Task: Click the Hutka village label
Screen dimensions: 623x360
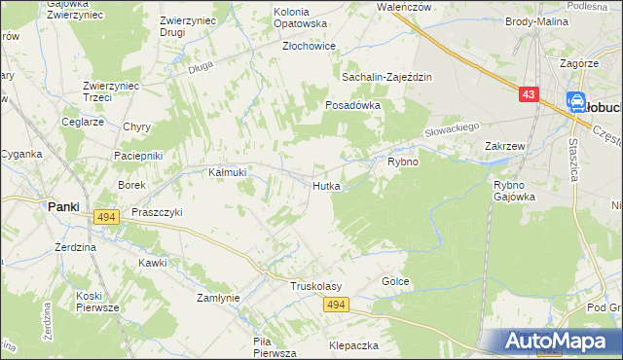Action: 326,185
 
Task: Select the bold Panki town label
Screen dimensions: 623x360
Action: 64,206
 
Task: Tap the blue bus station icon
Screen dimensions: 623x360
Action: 575,100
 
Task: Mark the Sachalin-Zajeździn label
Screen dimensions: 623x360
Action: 386,77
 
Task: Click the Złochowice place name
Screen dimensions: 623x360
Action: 309,46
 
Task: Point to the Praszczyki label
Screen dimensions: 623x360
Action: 157,211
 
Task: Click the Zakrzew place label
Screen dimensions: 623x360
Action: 505,146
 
